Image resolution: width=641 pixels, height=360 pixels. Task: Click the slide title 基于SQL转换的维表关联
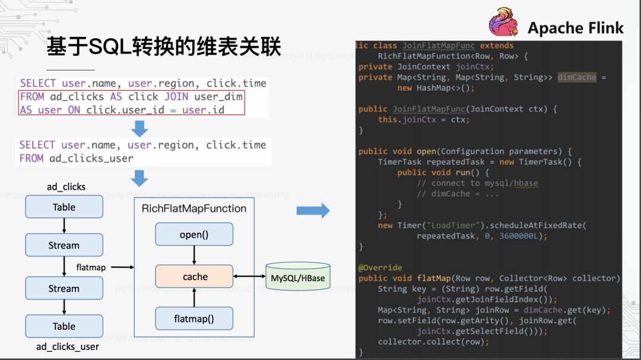click(x=164, y=46)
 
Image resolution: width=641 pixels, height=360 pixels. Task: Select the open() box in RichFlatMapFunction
click(x=194, y=234)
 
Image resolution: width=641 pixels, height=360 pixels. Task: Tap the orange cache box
click(x=194, y=276)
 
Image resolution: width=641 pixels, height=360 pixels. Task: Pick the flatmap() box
click(x=194, y=318)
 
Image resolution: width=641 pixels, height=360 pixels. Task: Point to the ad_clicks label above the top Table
click(x=66, y=187)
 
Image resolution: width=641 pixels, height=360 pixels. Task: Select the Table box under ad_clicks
click(x=64, y=207)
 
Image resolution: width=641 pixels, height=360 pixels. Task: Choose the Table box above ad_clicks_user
click(x=64, y=326)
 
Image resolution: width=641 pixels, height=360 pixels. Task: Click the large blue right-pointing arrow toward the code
click(x=313, y=210)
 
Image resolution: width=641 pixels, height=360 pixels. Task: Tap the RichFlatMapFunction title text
click(x=194, y=208)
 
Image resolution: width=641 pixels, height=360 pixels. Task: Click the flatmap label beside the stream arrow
click(x=91, y=267)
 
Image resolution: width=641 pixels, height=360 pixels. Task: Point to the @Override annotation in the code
click(x=380, y=267)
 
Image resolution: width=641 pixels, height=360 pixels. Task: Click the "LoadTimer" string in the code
click(x=453, y=225)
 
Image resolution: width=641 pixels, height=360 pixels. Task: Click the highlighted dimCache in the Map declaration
click(x=576, y=77)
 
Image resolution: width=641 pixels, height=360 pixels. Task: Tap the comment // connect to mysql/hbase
click(x=478, y=183)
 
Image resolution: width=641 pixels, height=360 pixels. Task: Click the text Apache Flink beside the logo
click(x=575, y=27)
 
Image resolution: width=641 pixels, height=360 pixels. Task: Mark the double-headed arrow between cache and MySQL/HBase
click(x=249, y=276)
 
